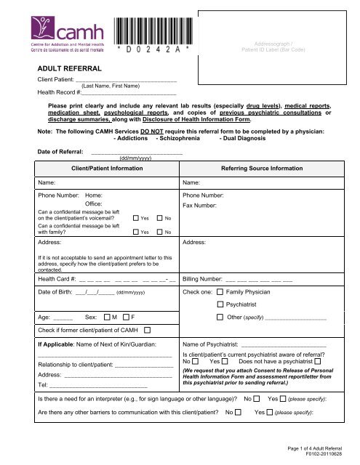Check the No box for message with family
(160, 232)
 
